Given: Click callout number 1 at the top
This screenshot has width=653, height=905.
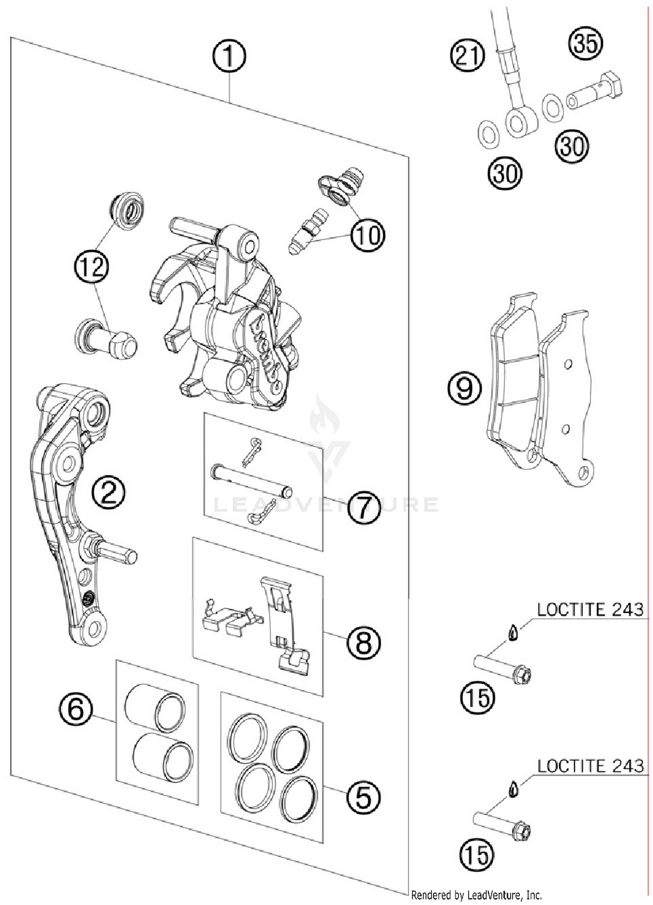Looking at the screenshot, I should pyautogui.click(x=229, y=57).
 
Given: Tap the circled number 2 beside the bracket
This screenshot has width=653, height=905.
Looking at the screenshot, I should pyautogui.click(x=108, y=492).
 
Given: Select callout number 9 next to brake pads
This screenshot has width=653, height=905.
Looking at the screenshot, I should pyautogui.click(x=465, y=388).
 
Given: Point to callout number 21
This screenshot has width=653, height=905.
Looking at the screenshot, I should pyautogui.click(x=467, y=56).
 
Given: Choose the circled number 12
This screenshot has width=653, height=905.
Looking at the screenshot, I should pyautogui.click(x=92, y=266).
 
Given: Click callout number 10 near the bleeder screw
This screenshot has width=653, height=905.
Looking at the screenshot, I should pyautogui.click(x=368, y=235).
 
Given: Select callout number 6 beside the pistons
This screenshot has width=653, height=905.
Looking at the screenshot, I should pyautogui.click(x=76, y=709).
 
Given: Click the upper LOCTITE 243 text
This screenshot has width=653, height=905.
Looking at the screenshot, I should pyautogui.click(x=590, y=610).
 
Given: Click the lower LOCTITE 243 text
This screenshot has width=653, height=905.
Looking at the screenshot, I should pyautogui.click(x=590, y=766).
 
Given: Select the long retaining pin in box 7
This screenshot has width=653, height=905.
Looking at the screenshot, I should pyautogui.click(x=251, y=481).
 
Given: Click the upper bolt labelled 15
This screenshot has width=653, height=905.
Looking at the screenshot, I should pyautogui.click(x=502, y=669).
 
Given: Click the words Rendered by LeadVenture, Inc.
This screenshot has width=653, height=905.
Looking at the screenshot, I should pyautogui.click(x=476, y=895).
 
